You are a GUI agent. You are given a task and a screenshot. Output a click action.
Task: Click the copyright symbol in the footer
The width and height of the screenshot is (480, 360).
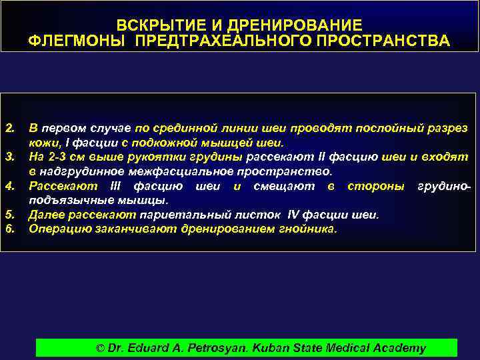click(101, 347)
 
